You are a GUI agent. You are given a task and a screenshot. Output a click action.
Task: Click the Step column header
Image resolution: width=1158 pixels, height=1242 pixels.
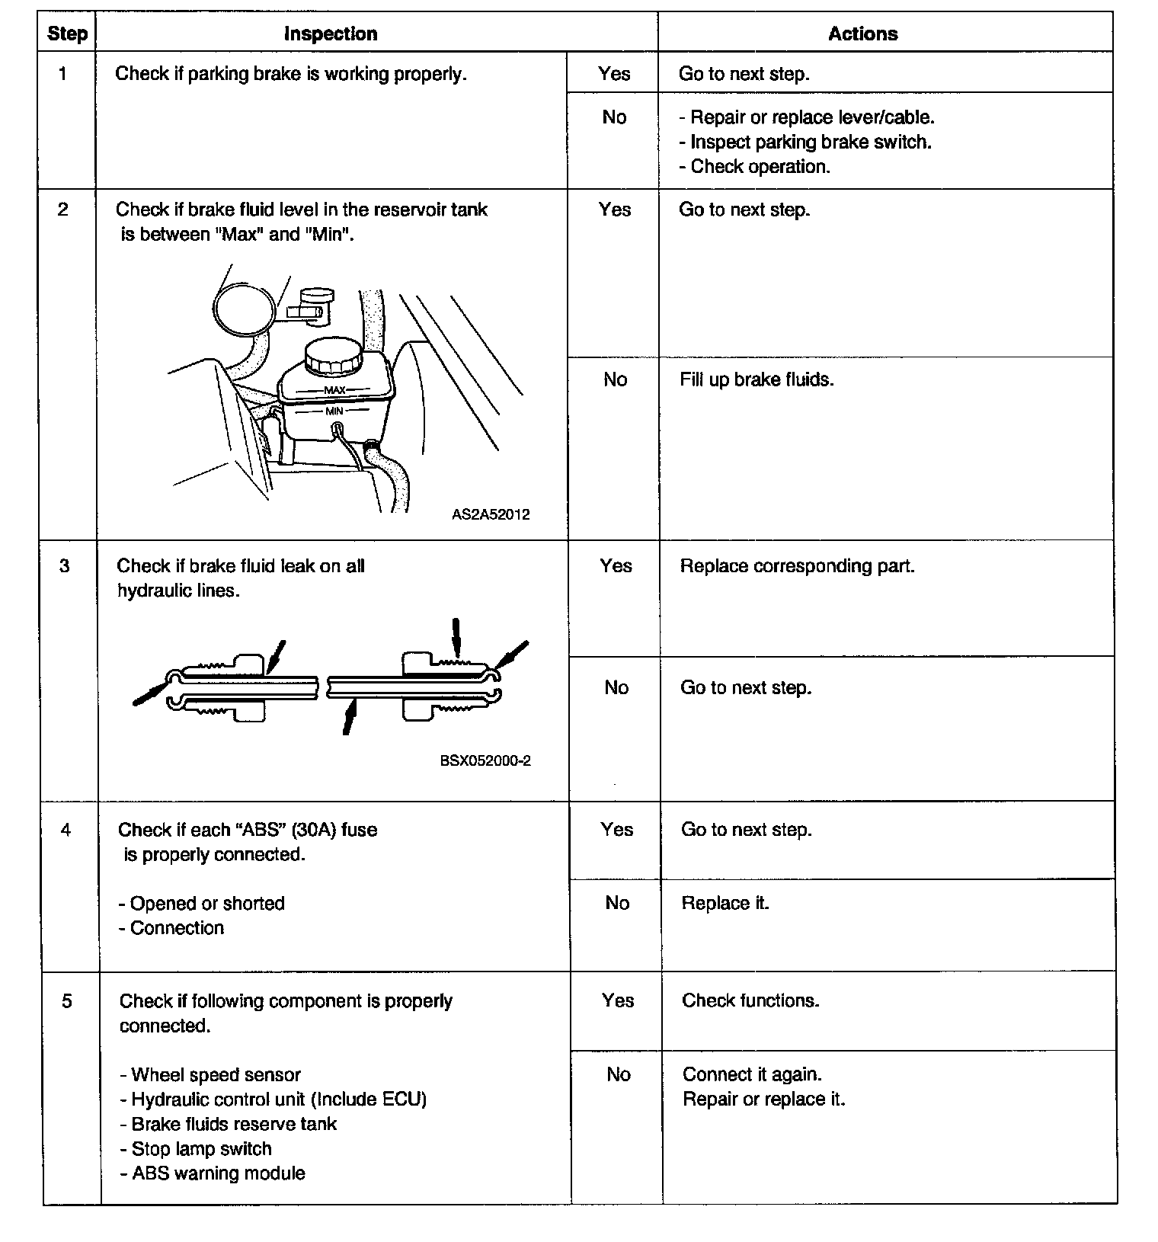point(67,34)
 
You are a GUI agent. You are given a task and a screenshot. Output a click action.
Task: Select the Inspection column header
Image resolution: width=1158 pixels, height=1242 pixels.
point(330,34)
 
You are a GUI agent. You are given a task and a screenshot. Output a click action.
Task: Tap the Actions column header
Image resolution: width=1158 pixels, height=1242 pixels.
point(862,34)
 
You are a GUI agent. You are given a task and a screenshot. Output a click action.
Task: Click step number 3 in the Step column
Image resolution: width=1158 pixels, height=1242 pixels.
point(65,565)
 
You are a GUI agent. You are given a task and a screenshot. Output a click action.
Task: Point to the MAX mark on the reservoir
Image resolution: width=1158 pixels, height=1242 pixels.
point(335,390)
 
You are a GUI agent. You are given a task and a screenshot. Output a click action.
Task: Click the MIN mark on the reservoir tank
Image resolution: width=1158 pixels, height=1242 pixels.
point(334,411)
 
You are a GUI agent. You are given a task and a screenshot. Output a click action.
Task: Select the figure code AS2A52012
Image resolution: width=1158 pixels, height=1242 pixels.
point(490,514)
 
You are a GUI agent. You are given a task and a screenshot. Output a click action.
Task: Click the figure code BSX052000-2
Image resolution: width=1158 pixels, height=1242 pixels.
point(485,760)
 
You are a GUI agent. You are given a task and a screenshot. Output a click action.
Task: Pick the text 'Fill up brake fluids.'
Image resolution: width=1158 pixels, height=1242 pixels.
point(757,379)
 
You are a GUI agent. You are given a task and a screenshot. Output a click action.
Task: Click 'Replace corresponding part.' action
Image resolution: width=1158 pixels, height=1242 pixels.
point(797,566)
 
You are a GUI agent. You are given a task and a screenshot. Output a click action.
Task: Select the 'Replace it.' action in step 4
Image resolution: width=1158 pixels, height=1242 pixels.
point(725,903)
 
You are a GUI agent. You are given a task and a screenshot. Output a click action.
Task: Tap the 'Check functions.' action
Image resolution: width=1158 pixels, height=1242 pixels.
point(750,1000)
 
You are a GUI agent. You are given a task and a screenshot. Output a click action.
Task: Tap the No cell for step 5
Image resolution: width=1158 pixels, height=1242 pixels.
point(618,1074)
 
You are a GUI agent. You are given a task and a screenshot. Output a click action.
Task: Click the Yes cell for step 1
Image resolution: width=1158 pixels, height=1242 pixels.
point(614,73)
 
